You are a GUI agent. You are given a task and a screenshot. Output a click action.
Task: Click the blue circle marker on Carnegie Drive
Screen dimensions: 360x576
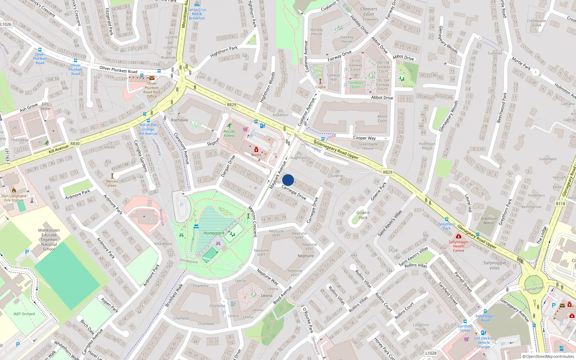(x=288, y=180)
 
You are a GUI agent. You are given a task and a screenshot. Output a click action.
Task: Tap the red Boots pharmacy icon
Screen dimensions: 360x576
(x=256, y=149)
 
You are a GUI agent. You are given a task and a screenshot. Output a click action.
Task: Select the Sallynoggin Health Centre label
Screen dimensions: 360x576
(x=458, y=246)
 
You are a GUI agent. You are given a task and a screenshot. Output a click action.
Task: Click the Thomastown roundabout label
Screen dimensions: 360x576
(x=534, y=289)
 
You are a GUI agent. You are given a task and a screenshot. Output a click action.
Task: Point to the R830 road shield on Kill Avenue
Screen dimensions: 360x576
(x=75, y=144)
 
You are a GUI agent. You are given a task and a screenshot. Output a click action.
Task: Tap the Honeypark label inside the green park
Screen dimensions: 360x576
(x=213, y=233)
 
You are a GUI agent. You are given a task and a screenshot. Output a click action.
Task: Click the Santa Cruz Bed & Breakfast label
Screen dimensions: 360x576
(x=197, y=14)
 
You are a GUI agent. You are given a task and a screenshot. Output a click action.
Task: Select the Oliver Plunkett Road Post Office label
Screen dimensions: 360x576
(x=152, y=90)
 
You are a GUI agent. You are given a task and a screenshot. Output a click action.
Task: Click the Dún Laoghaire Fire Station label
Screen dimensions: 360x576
(x=14, y=198)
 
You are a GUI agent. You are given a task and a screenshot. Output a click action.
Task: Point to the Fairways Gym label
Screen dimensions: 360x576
(x=355, y=85)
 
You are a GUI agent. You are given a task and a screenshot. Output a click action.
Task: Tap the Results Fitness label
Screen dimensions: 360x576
(x=229, y=134)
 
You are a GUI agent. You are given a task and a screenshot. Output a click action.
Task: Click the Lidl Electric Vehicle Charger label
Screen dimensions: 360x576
(x=483, y=342)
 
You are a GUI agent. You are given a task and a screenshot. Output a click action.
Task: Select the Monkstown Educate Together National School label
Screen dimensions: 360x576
(x=49, y=239)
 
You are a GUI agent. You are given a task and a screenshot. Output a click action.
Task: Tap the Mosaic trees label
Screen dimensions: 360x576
(x=112, y=183)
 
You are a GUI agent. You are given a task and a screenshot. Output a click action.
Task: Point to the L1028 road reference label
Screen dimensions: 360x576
(x=431, y=353)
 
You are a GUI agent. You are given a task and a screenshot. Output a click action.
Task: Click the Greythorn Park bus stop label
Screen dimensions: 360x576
(x=447, y=226)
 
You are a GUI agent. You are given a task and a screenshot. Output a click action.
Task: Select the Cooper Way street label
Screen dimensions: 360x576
(x=364, y=138)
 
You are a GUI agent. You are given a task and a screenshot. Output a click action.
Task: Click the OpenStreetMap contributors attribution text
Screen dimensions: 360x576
(x=548, y=357)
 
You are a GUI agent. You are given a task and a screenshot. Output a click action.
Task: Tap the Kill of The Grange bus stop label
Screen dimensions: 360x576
(x=148, y=129)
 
